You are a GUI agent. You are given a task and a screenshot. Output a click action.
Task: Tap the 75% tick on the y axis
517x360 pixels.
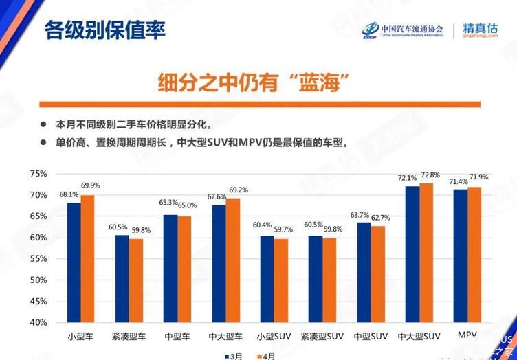(39, 174)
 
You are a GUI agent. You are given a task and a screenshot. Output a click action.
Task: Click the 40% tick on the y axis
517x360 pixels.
(39, 322)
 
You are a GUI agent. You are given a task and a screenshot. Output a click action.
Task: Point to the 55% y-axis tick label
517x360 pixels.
(39, 258)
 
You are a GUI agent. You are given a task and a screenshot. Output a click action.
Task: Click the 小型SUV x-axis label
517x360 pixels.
(274, 337)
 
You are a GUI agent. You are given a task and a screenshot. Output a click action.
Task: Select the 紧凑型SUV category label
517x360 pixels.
(322, 337)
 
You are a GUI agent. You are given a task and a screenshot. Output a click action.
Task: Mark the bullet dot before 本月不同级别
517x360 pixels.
(43, 125)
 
